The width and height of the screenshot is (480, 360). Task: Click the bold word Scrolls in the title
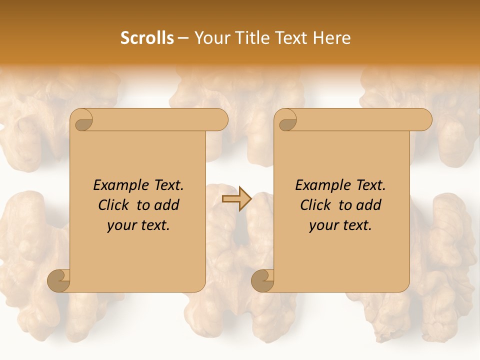click(x=147, y=38)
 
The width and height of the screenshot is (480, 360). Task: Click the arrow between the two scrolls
click(x=236, y=199)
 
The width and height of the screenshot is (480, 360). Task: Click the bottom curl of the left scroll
click(x=58, y=280)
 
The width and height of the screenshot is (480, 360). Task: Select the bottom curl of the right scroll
click(x=262, y=280)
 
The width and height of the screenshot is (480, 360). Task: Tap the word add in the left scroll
click(x=167, y=205)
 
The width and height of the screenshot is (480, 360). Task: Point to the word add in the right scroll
click(x=369, y=205)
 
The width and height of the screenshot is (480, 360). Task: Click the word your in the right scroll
click(x=322, y=225)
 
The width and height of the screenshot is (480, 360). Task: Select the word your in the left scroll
click(x=120, y=225)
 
